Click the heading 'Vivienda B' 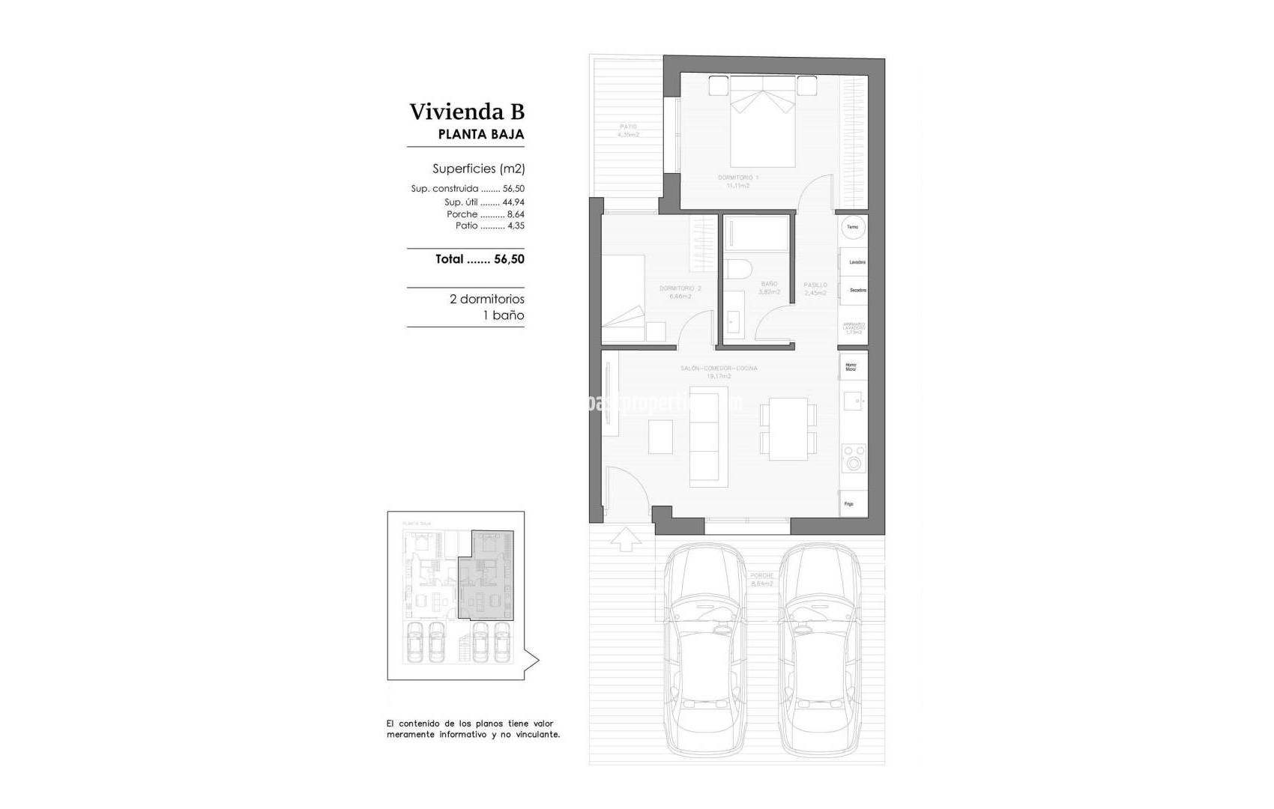click(467, 112)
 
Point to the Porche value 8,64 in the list click(516, 214)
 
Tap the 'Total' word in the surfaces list click(450, 259)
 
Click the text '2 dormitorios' click(486, 299)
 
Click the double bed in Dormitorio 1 click(763, 127)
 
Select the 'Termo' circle click(852, 227)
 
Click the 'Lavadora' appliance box click(854, 261)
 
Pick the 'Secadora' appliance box click(854, 289)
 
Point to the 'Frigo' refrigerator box click(853, 503)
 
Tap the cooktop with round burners click(854, 458)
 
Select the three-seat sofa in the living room click(708, 437)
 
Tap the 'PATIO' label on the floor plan click(628, 127)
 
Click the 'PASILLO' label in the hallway click(815, 285)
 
